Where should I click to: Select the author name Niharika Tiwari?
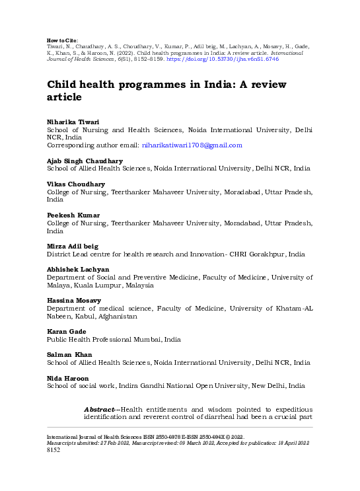coord(71,122)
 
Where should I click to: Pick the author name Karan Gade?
coord(66,331)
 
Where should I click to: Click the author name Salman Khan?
coord(69,354)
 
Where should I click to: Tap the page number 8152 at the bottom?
coord(54,450)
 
